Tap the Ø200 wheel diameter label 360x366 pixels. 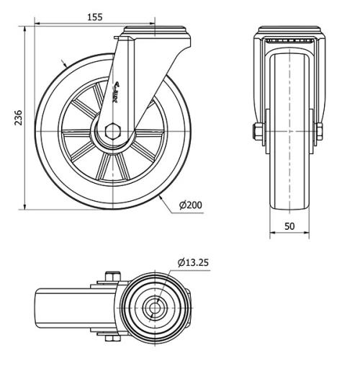click(x=190, y=206)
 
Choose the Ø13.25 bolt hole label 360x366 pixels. click(x=192, y=262)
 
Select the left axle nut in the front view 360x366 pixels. click(x=256, y=132)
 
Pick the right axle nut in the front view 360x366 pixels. click(x=318, y=132)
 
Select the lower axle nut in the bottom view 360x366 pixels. click(x=109, y=337)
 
